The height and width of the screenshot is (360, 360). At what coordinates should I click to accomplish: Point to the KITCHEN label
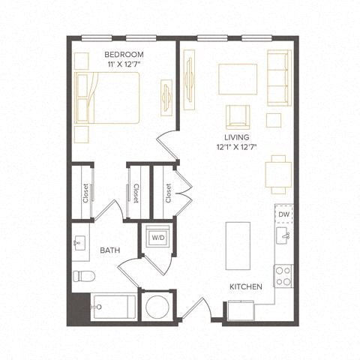[x=245, y=286]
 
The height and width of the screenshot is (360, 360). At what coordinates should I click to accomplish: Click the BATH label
[x=110, y=251]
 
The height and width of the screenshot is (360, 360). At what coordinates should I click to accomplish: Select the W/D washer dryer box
[x=159, y=238]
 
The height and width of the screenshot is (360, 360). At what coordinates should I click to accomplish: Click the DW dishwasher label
[x=283, y=214]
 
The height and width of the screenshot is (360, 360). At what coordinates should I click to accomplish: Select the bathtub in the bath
[x=113, y=307]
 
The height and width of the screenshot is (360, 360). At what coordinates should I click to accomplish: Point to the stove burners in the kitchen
[x=283, y=276]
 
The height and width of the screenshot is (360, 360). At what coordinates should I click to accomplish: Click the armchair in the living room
[x=238, y=117]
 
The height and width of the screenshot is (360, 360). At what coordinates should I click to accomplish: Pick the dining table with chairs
[x=278, y=173]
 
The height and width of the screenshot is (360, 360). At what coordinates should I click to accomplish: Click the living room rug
[x=238, y=77]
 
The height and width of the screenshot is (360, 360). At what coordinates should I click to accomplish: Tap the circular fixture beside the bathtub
[x=157, y=307]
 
